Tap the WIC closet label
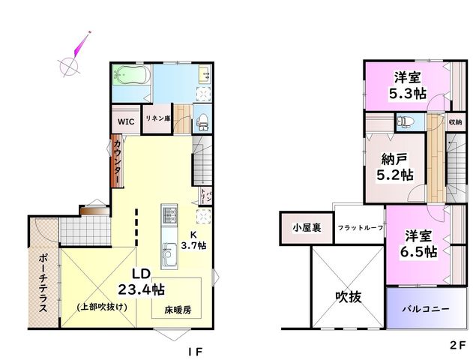126,122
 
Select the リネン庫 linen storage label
158,118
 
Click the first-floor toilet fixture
202,121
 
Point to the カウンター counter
118,161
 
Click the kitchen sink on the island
169,254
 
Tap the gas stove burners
169,214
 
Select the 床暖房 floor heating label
178,310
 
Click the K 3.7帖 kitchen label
193,240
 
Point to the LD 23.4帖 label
141,282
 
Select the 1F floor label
195,352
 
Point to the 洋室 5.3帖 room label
408,85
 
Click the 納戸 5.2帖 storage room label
395,166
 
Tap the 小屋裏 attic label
307,228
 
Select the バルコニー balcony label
426,309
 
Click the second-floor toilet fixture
406,121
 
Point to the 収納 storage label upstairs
455,122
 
